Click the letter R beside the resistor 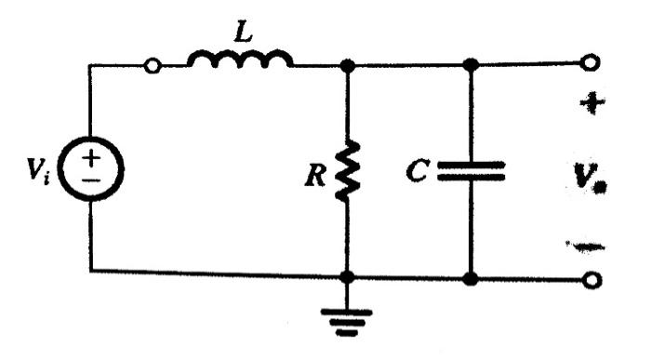point(319,175)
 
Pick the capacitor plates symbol point(471,170)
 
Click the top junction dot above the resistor point(348,65)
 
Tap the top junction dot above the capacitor point(471,64)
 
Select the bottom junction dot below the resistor point(349,277)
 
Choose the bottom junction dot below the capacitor point(471,277)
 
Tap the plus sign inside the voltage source point(91,159)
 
